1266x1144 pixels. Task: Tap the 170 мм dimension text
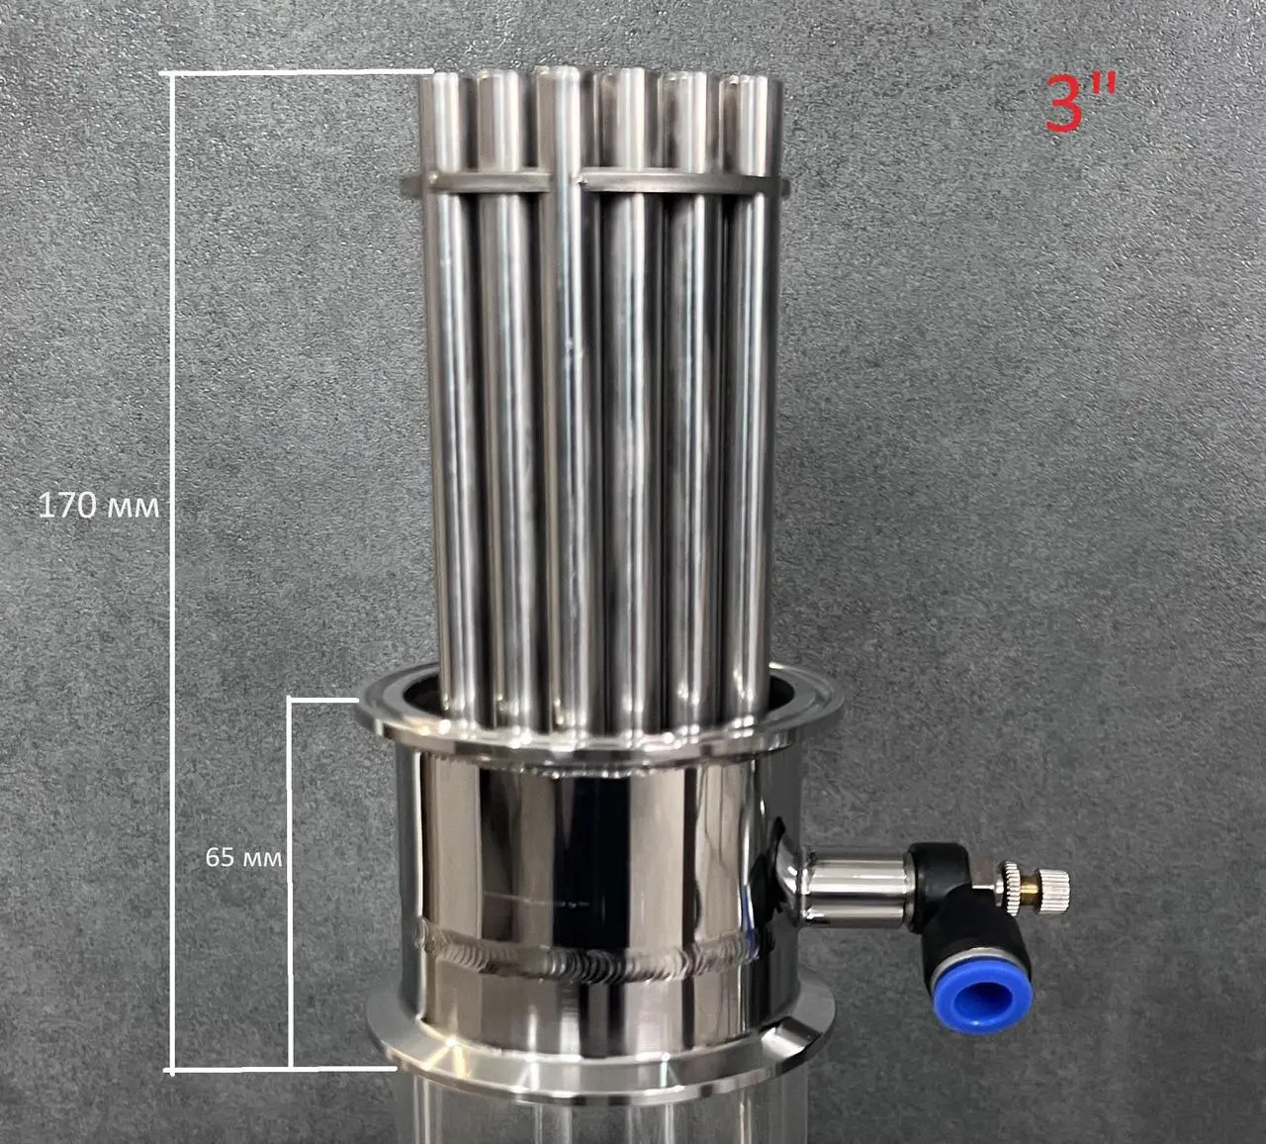tap(99, 506)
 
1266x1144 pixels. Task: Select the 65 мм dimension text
tap(243, 857)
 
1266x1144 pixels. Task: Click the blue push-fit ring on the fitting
tap(987, 999)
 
